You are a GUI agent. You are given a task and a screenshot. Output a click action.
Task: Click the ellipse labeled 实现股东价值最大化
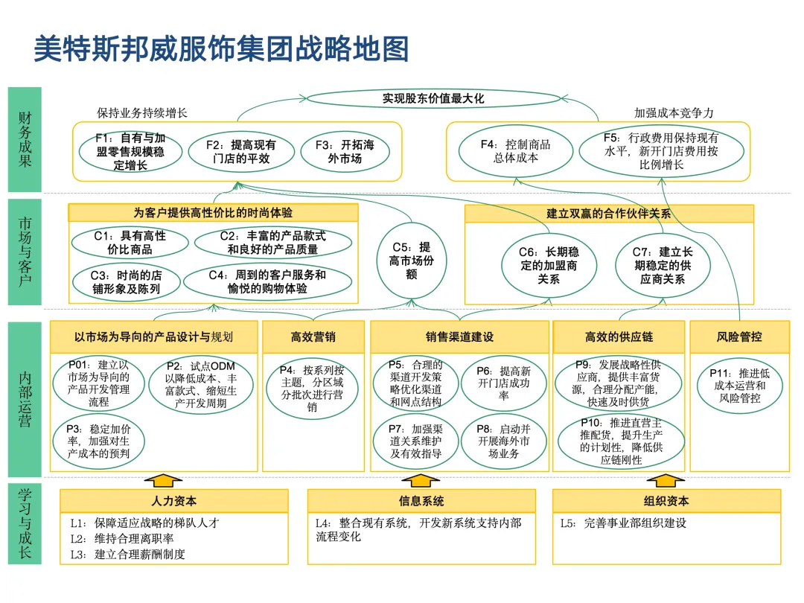[433, 98]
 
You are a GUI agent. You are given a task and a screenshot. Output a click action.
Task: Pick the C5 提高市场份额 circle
[411, 261]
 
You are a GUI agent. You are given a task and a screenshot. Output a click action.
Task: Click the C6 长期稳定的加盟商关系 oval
[549, 265]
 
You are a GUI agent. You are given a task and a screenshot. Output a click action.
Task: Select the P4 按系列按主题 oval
[313, 388]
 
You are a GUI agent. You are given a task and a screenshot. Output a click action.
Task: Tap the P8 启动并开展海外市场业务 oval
[503, 441]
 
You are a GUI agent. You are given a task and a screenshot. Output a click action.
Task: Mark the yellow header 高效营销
[313, 336]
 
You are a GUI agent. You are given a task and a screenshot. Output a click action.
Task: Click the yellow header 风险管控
[739, 336]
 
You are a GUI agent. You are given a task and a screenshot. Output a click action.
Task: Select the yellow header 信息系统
[421, 501]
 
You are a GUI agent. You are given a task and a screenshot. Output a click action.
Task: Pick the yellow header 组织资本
[666, 501]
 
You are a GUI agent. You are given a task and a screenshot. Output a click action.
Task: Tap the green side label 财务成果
[25, 139]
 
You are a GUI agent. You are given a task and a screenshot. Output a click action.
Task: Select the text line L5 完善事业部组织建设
[623, 523]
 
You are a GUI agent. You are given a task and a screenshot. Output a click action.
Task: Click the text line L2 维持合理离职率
[123, 538]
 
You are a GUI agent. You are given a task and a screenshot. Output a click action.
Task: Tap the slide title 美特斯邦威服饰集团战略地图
[222, 49]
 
